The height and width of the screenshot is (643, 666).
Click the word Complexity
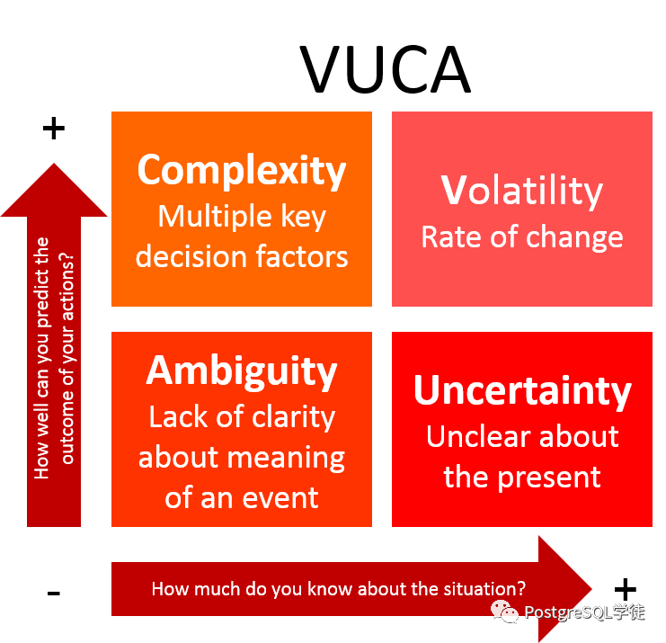coord(242,171)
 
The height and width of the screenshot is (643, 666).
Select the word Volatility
coord(522,192)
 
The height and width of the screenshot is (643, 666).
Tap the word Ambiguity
coord(242,371)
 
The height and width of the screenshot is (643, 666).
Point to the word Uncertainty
coord(522,391)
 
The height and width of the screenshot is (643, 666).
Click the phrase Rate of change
coord(522,237)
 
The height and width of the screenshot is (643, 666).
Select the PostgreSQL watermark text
coord(584,613)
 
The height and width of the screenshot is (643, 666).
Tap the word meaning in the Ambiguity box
coord(293,458)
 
